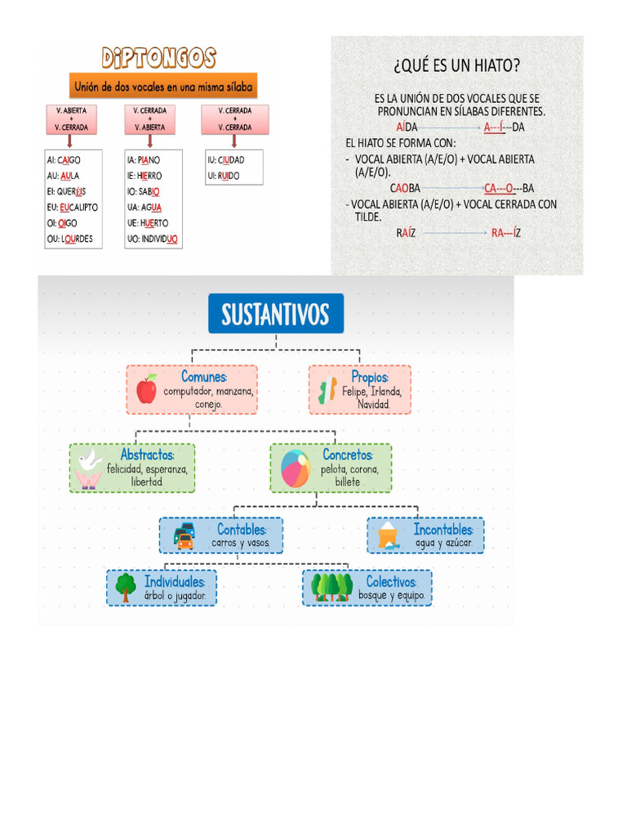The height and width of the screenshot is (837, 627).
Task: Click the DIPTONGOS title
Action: click(158, 58)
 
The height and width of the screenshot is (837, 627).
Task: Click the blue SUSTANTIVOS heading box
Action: click(276, 313)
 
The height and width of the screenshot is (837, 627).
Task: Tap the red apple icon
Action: click(147, 389)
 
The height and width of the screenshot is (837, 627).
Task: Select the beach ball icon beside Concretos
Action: click(296, 469)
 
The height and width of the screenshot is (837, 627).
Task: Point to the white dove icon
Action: click(89, 468)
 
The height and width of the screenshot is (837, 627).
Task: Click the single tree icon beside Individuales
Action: click(125, 587)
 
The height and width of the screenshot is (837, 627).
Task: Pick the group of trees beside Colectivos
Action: click(331, 587)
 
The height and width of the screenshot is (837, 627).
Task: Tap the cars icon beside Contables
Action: click(185, 535)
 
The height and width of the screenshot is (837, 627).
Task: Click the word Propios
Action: click(370, 377)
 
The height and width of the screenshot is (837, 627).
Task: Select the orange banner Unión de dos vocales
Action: click(163, 86)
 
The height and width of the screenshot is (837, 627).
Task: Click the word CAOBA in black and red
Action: click(405, 188)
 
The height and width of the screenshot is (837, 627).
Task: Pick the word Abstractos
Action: click(147, 454)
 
